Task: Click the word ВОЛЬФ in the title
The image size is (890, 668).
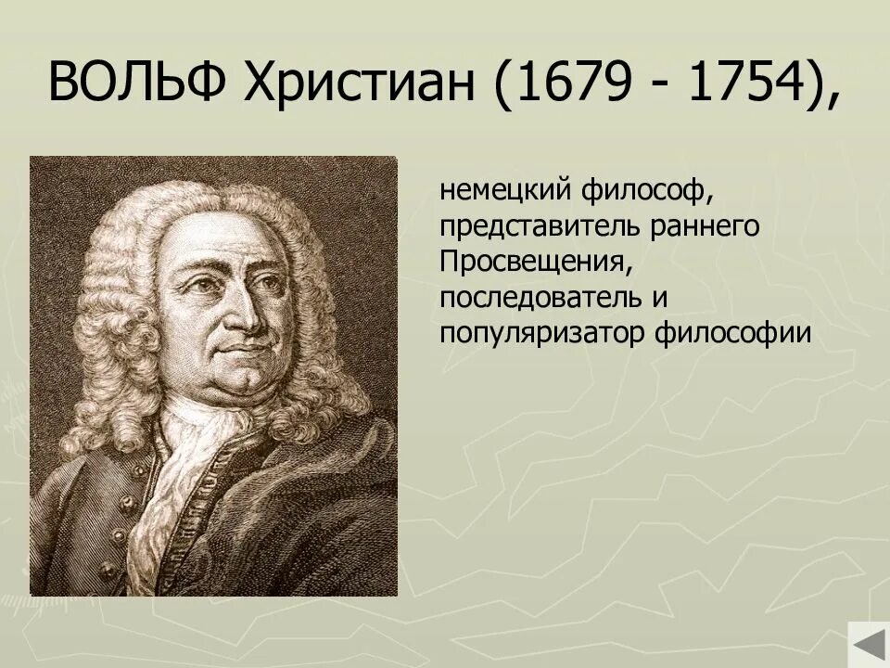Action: [139, 86]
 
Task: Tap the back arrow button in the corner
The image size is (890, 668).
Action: [868, 645]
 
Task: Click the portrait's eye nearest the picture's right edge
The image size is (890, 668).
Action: [270, 278]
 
